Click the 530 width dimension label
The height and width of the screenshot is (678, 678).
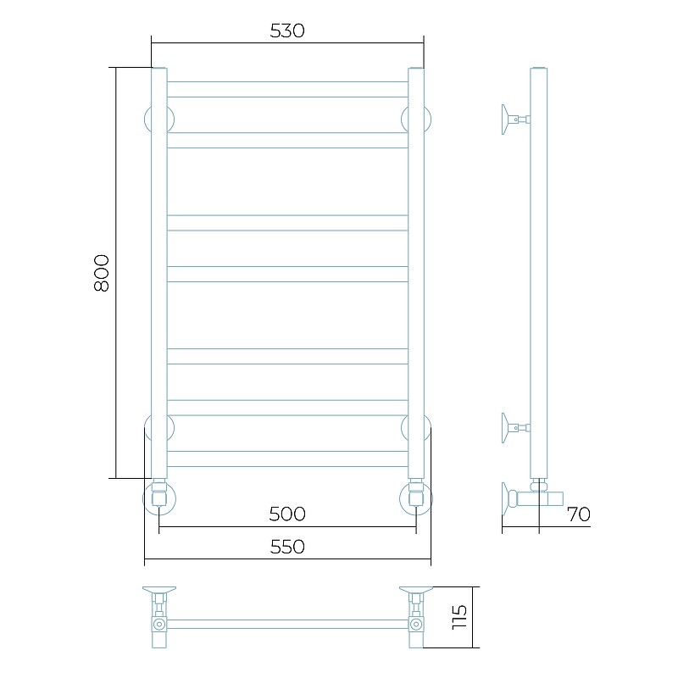coord(287,31)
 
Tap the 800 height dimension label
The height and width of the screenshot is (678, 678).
coord(102,273)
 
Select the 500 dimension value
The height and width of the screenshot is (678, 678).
coord(287,514)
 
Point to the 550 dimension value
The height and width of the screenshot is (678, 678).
coord(287,547)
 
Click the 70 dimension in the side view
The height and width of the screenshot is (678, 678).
coord(579,514)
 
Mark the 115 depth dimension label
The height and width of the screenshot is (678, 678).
coord(459,617)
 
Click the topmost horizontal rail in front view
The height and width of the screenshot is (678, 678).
coord(287,89)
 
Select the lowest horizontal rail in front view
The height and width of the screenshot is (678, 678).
coord(287,458)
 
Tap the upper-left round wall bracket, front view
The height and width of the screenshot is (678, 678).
coord(147,119)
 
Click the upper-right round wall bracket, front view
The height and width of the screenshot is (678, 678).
coord(427,119)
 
